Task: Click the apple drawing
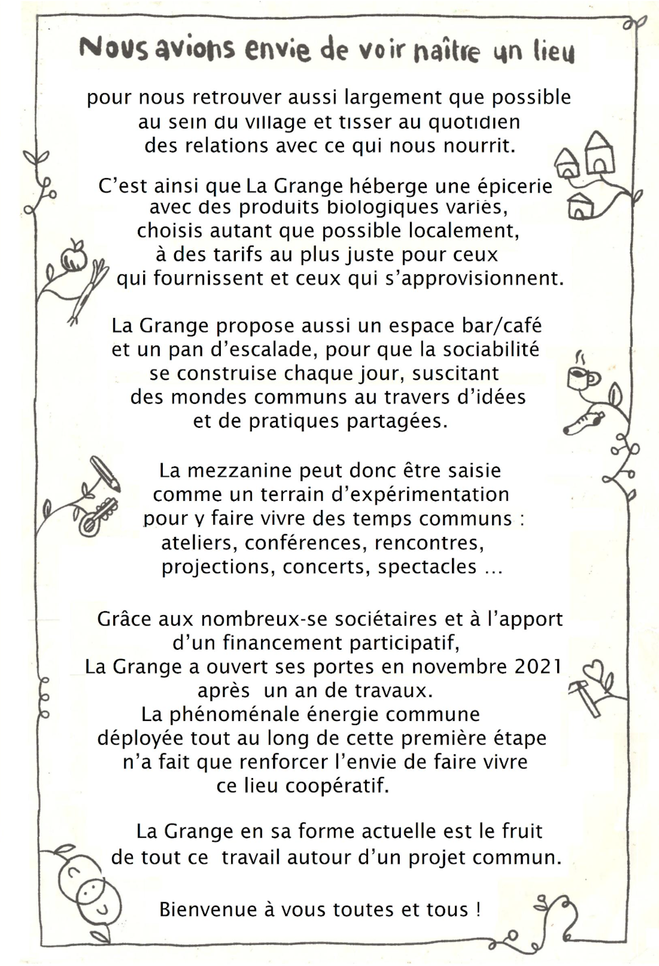point(74,257)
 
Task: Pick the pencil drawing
point(105,473)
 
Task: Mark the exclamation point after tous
point(478,909)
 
